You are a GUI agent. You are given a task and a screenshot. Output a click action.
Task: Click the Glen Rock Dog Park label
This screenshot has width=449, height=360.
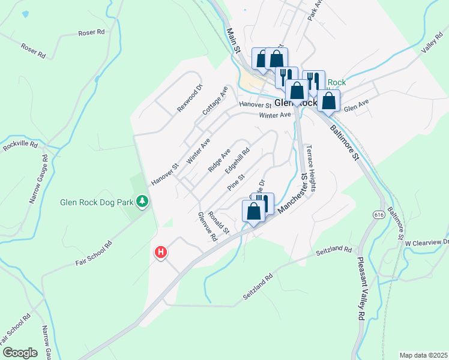tap(97, 202)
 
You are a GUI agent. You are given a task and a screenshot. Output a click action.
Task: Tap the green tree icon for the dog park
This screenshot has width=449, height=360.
tap(142, 201)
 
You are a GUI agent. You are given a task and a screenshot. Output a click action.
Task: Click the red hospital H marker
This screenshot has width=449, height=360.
tap(161, 253)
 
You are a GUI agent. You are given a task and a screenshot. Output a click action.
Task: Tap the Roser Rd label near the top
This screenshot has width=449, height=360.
tap(91, 32)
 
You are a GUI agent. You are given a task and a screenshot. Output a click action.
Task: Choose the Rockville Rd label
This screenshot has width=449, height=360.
tap(20, 145)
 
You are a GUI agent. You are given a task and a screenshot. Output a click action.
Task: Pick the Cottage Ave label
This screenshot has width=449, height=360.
tap(215, 100)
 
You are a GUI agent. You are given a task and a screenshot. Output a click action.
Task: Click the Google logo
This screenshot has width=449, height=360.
tap(20, 353)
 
